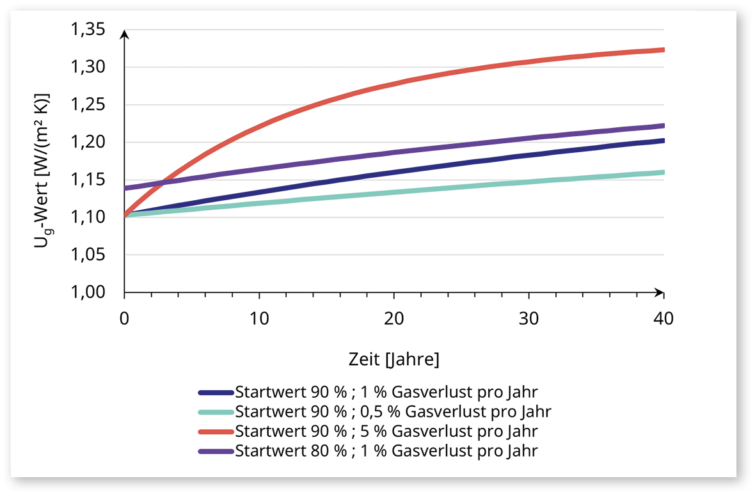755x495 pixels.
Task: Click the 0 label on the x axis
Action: pyautogui.click(x=125, y=318)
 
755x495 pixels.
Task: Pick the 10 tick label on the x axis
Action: pyautogui.click(x=259, y=318)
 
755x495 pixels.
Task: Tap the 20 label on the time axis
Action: pyautogui.click(x=394, y=318)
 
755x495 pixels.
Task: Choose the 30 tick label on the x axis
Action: pyautogui.click(x=528, y=318)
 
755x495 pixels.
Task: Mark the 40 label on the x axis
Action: pyautogui.click(x=663, y=318)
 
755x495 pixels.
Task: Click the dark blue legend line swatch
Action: pyautogui.click(x=216, y=391)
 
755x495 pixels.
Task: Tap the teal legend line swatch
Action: pyautogui.click(x=216, y=411)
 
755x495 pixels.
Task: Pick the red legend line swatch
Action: pyautogui.click(x=216, y=430)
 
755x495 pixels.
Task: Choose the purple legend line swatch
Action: pyautogui.click(x=216, y=450)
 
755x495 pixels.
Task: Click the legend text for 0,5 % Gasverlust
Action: pyautogui.click(x=393, y=411)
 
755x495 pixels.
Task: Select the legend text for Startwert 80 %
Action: pyautogui.click(x=386, y=450)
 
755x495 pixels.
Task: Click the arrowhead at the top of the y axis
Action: pyautogui.click(x=125, y=33)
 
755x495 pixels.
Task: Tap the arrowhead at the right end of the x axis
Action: pyautogui.click(x=659, y=292)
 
